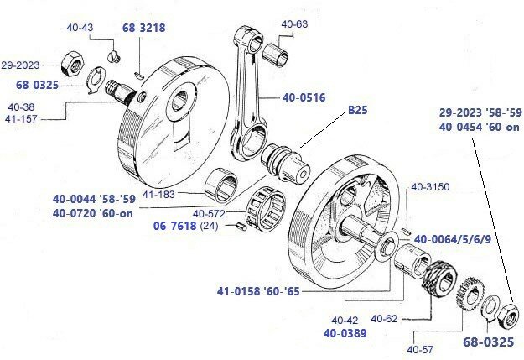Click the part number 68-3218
(145, 28)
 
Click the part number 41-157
(22, 119)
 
